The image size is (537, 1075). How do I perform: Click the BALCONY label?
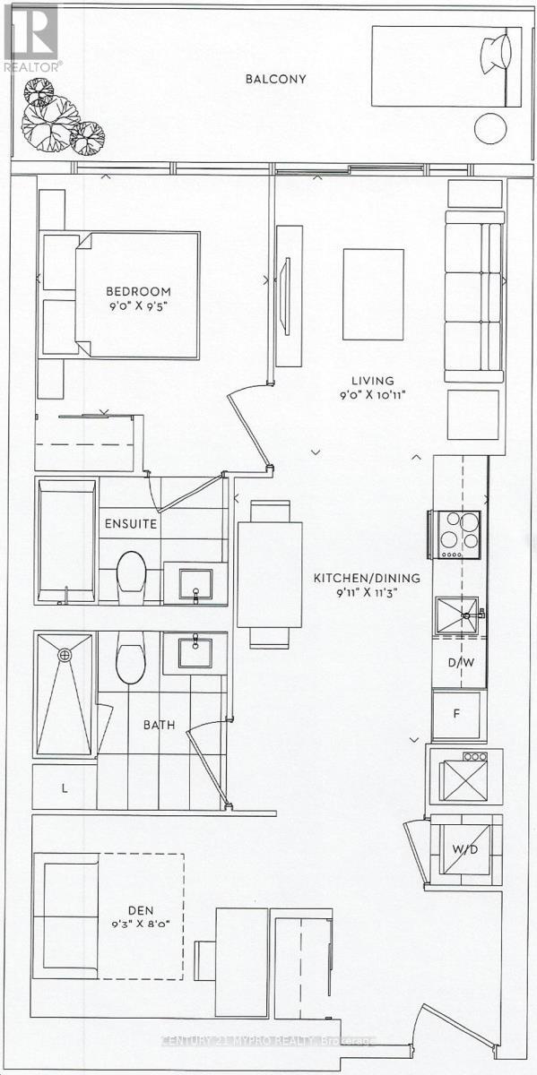click(x=276, y=79)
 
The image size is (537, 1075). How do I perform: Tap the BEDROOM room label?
click(x=138, y=292)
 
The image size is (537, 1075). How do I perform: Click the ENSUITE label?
click(x=131, y=524)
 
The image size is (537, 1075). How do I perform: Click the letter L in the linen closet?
click(x=64, y=788)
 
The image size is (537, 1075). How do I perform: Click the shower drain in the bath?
click(x=65, y=655)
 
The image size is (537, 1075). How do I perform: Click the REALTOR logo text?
click(x=32, y=65)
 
